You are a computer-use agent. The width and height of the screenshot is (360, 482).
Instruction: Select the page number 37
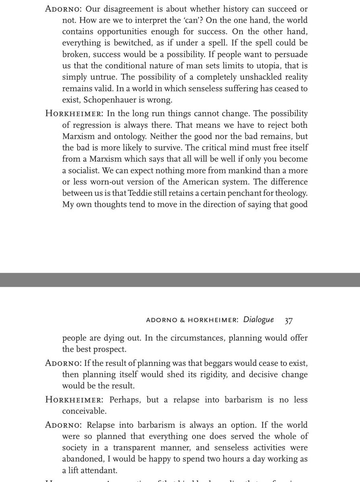point(289,320)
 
